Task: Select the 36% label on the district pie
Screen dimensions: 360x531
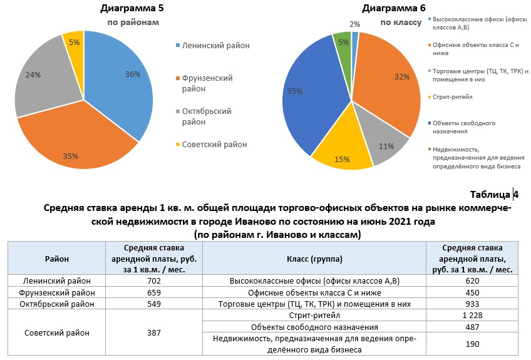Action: [x=133, y=74]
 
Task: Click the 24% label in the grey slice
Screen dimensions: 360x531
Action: [x=33, y=75]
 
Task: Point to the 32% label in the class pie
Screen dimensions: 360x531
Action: [x=402, y=77]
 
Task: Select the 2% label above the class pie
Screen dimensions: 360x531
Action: [x=354, y=24]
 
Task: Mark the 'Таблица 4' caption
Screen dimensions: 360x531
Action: [x=494, y=194]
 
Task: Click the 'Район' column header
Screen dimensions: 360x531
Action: [x=57, y=257]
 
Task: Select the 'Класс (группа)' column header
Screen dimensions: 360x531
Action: [x=315, y=257]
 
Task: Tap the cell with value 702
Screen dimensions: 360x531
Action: [x=154, y=281]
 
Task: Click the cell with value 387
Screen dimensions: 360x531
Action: [x=154, y=333]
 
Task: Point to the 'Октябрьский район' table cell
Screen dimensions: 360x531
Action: [x=57, y=304]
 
